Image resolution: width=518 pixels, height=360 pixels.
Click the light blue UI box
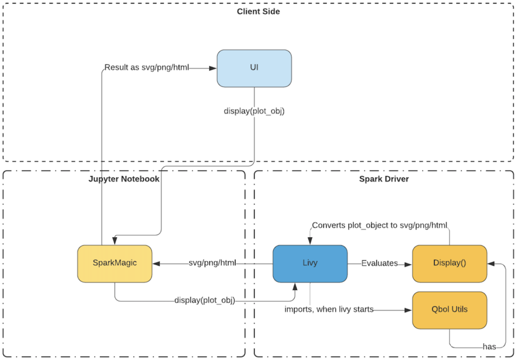254,68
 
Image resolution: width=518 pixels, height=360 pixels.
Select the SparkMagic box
115,263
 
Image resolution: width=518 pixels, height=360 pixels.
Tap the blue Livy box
310,263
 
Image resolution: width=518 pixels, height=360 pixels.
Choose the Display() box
449,263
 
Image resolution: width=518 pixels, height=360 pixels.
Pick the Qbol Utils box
449,310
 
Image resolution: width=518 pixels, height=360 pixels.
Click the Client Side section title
258,11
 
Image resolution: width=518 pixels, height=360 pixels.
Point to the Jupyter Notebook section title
123,179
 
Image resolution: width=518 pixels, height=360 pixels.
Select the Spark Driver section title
383,179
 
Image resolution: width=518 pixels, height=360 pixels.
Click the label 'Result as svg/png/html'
147,67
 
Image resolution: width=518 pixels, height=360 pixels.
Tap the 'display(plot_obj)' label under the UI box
253,111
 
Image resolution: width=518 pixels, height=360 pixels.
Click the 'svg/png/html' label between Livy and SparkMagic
212,263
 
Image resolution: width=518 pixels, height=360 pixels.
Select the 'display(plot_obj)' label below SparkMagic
204,300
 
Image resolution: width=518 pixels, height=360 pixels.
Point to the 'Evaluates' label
379,263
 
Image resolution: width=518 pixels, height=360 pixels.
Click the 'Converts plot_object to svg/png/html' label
380,225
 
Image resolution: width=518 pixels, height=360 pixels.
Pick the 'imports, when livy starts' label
329,310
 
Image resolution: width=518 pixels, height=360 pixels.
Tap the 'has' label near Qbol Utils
490,347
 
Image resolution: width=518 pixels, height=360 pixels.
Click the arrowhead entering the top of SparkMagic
115,241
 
